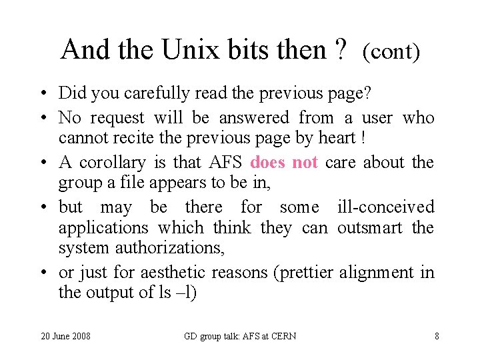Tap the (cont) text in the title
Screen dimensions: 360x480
pos(391,51)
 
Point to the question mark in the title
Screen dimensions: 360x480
pos(342,49)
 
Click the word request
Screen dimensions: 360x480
pos(117,118)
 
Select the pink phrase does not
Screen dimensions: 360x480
pos(284,163)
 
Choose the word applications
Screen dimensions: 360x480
pos(103,228)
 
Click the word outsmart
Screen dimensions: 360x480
pos(370,228)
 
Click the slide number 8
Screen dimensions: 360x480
pos(437,336)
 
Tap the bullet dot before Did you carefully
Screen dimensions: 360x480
pos(41,93)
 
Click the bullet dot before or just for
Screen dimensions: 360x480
pos(41,273)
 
